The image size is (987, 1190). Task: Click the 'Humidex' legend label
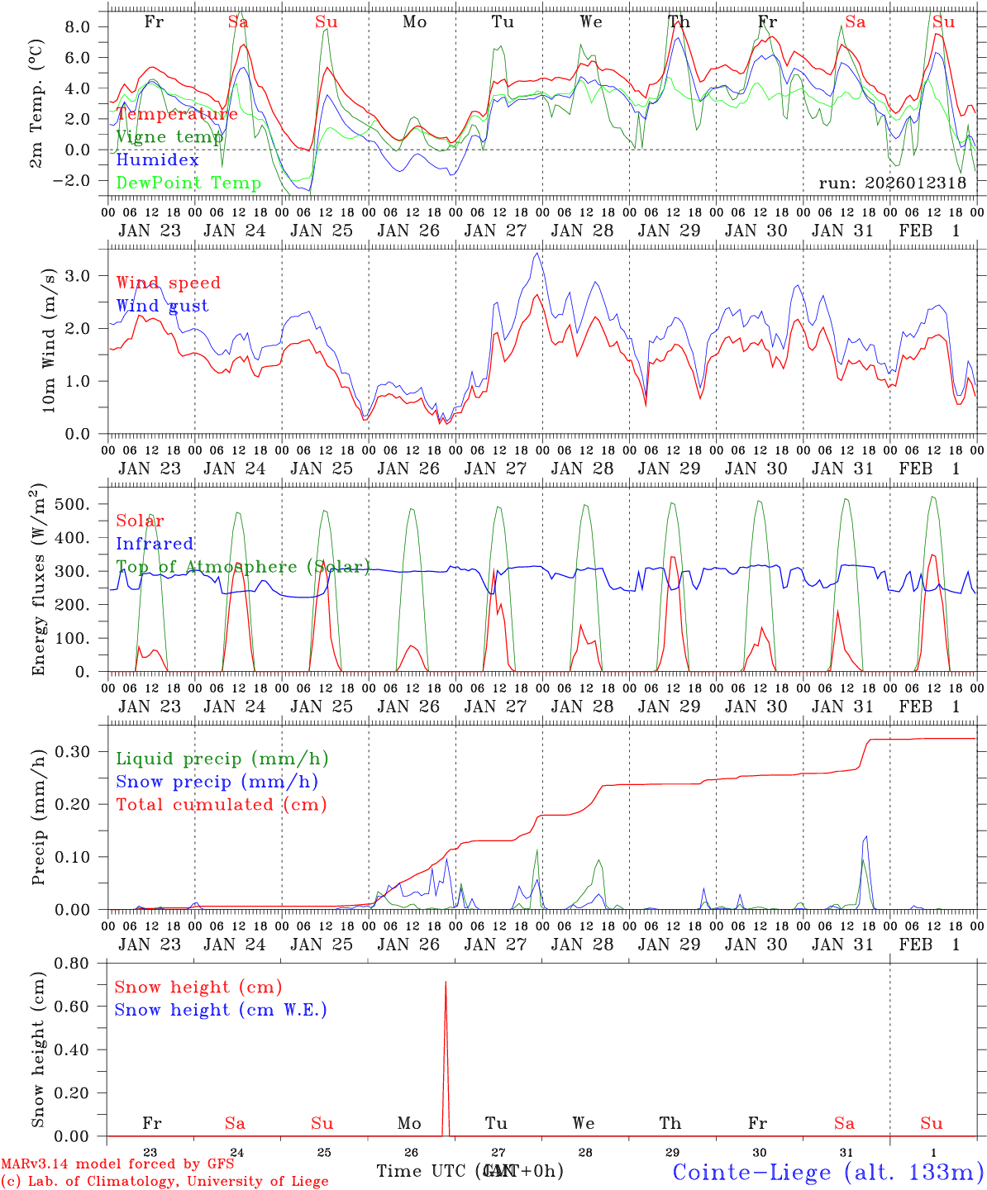tap(157, 160)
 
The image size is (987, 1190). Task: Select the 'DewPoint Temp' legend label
tap(188, 183)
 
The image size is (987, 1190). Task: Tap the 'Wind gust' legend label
tap(162, 306)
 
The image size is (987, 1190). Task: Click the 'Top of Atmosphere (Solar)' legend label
tap(243, 567)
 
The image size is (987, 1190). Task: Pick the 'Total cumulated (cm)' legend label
tap(221, 804)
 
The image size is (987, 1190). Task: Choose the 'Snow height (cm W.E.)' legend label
tap(221, 1010)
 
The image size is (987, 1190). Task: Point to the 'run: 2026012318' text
tap(892, 183)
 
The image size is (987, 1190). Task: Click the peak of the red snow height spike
tap(446, 982)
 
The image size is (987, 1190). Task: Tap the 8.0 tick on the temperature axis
tap(83, 27)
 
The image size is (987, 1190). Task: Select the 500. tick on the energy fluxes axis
tap(79, 504)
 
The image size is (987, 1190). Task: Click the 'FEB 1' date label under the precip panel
tap(929, 945)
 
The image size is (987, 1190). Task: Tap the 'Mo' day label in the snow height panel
tap(409, 1123)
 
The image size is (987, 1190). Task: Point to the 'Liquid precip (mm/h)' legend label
tap(222, 759)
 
